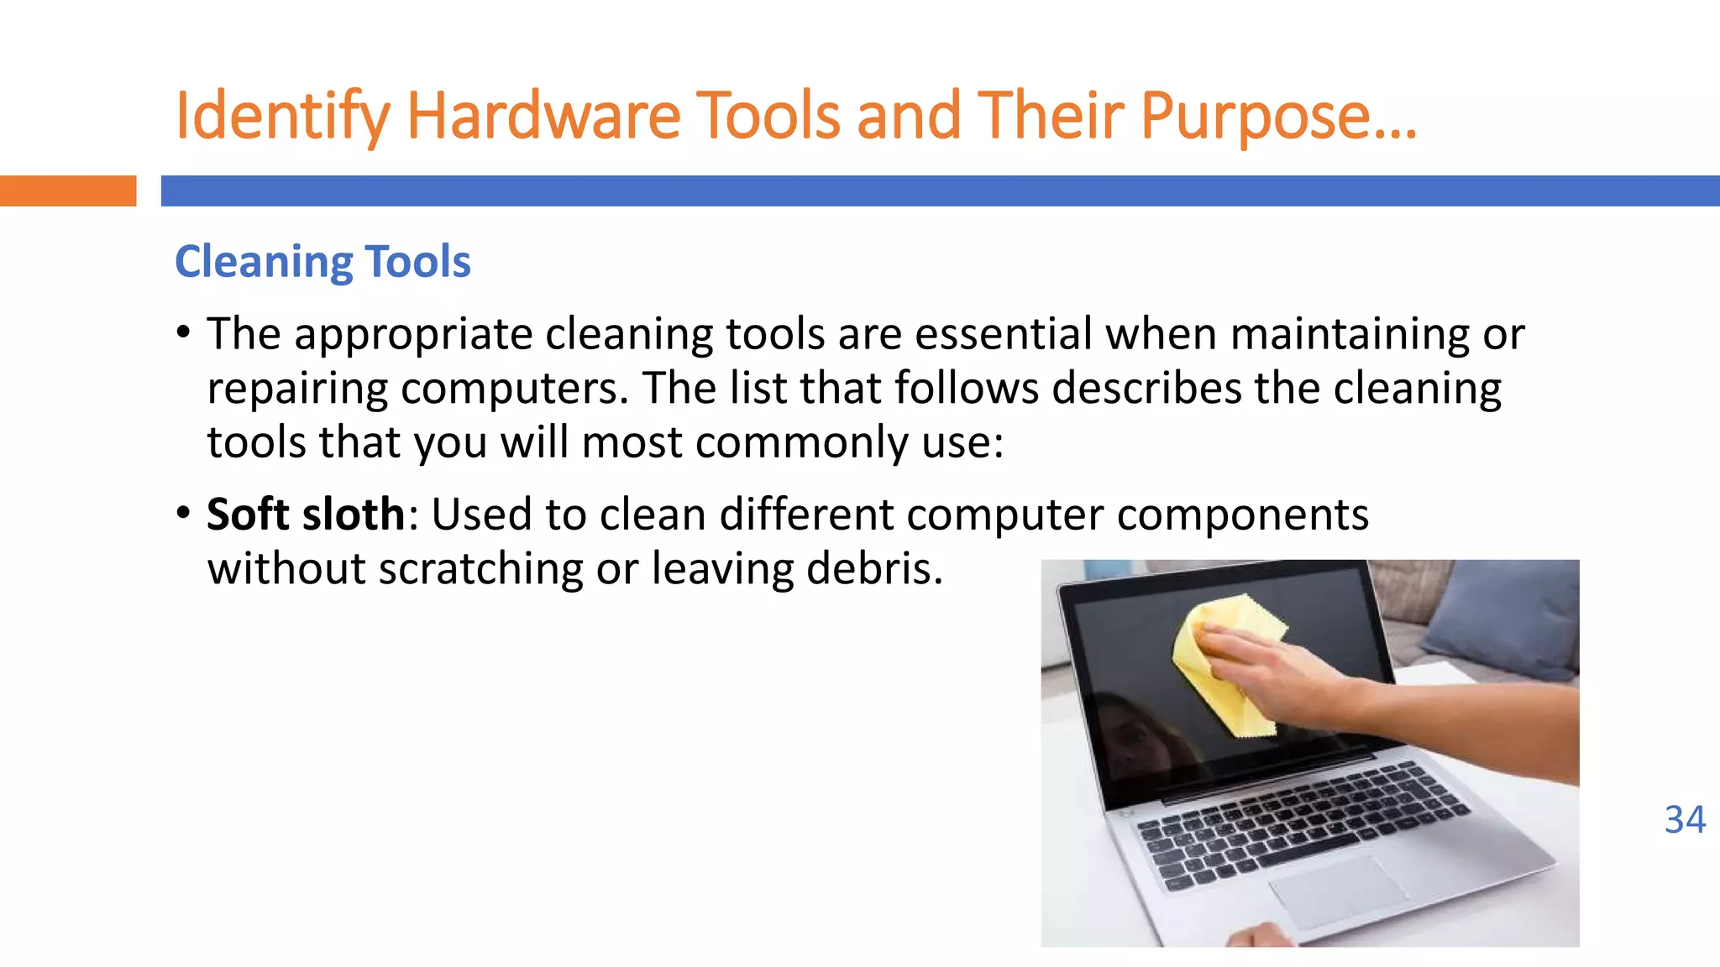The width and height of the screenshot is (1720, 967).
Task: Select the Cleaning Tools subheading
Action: click(322, 261)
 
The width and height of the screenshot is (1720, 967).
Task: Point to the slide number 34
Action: click(1685, 819)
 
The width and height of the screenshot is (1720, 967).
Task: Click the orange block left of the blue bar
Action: click(67, 191)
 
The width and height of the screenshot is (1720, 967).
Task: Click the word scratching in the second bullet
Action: click(480, 569)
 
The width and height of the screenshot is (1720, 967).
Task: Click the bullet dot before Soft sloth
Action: click(184, 513)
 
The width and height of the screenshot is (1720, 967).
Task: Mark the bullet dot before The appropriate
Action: click(184, 332)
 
